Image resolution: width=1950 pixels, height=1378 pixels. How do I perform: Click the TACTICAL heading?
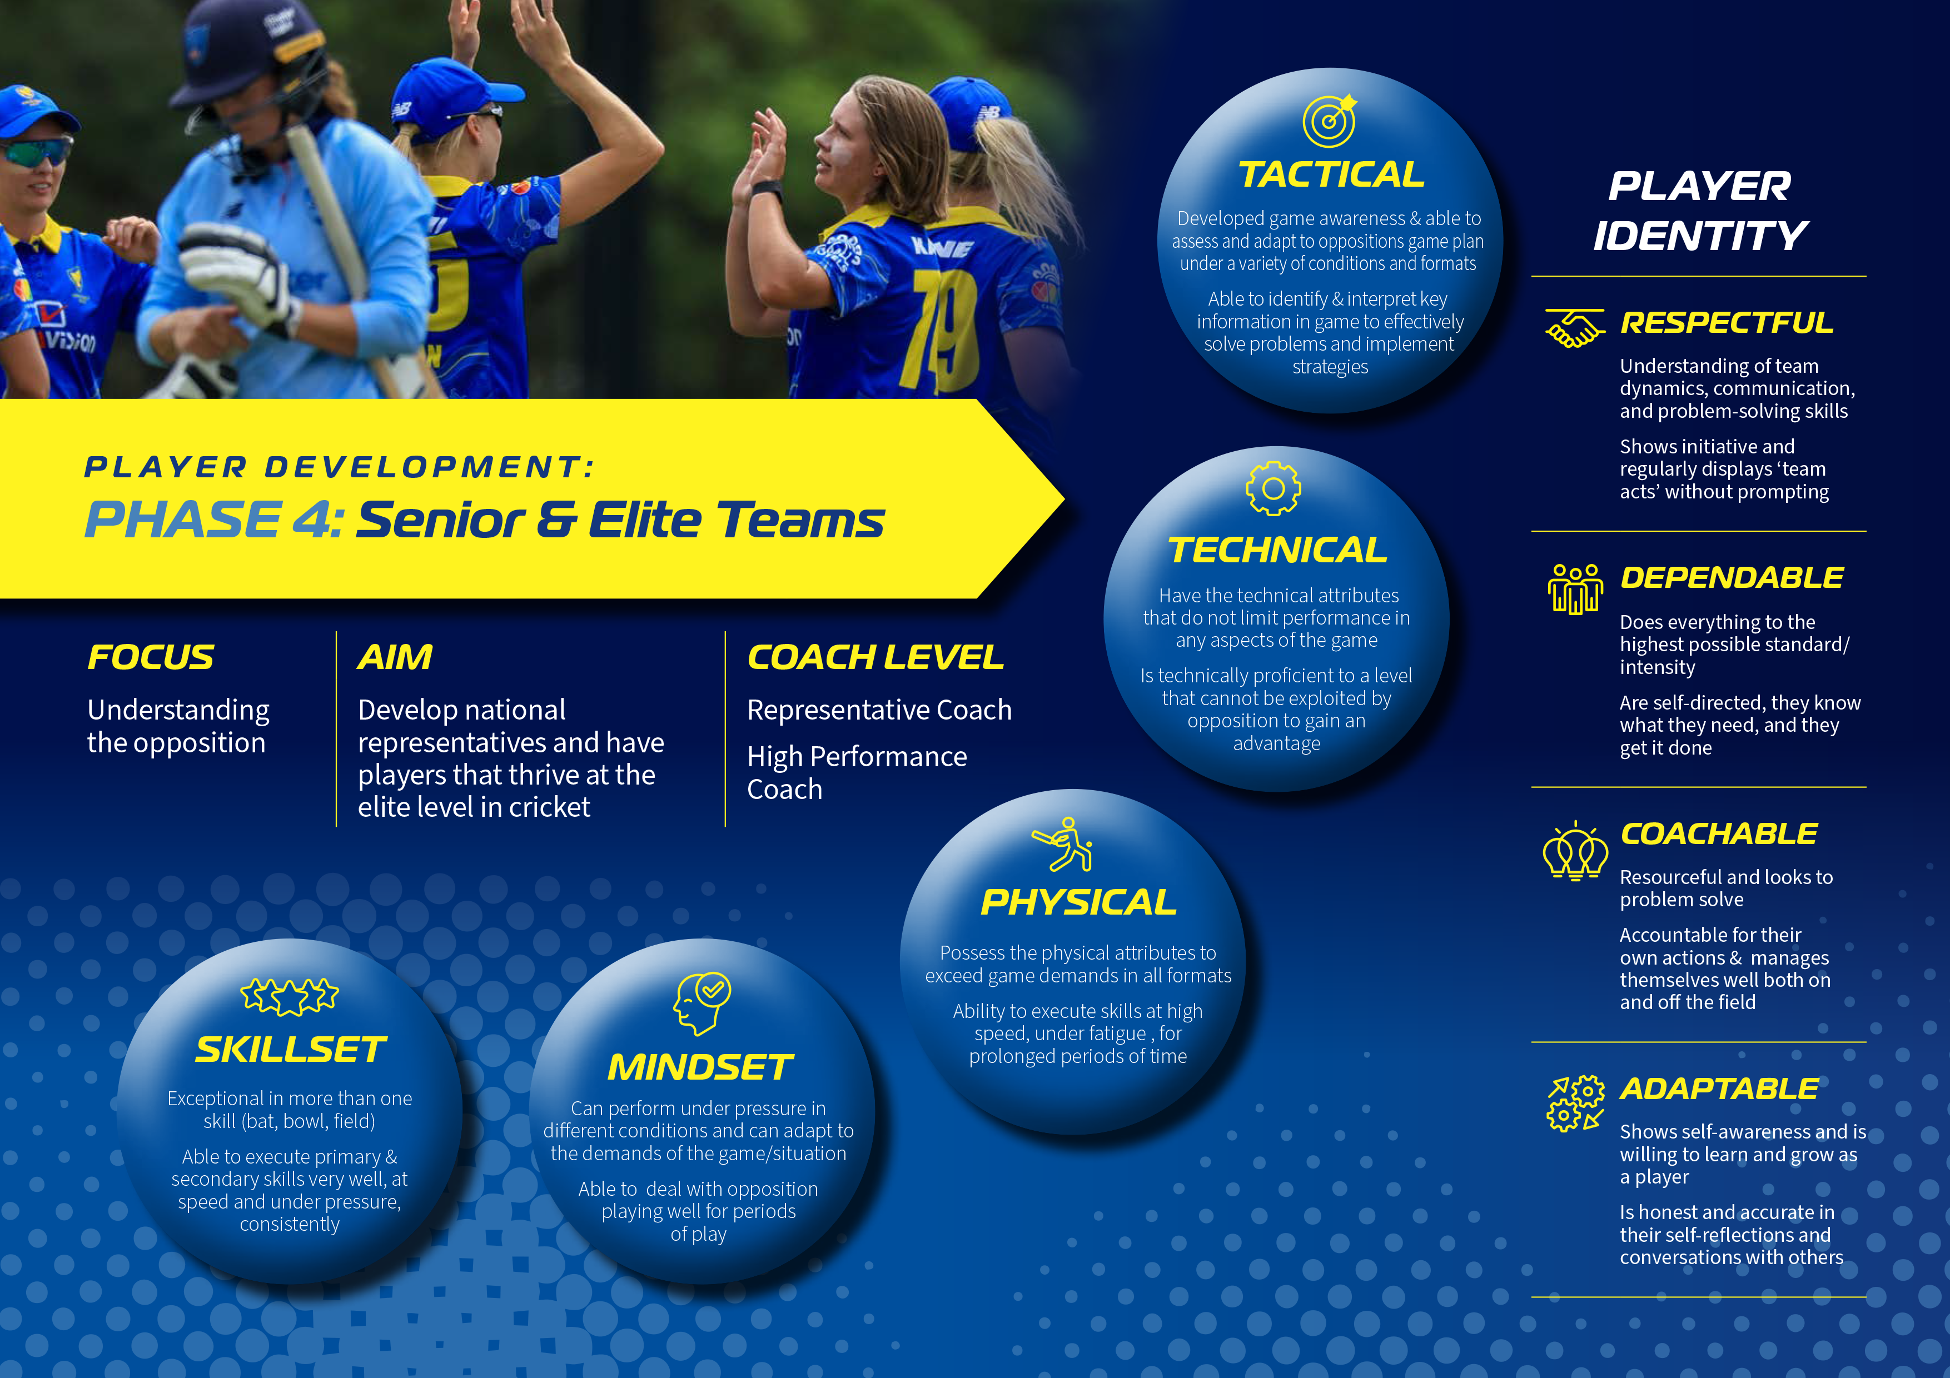(x=1331, y=175)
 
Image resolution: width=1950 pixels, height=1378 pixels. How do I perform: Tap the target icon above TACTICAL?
(x=1330, y=122)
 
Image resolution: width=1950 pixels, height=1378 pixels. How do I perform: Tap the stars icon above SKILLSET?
(x=290, y=996)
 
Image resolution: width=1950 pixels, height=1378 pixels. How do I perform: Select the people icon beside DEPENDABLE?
(x=1575, y=588)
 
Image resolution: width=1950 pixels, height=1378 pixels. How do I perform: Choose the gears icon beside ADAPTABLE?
(x=1575, y=1104)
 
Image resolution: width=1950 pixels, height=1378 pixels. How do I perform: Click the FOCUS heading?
(x=151, y=657)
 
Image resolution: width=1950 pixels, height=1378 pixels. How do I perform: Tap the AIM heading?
(x=395, y=657)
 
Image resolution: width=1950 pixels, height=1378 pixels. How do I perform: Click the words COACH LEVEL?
(x=875, y=657)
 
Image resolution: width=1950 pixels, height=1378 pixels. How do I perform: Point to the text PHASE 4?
(x=214, y=520)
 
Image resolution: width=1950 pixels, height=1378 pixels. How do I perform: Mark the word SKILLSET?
(x=291, y=1050)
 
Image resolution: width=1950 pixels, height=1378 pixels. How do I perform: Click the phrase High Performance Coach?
(x=857, y=773)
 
